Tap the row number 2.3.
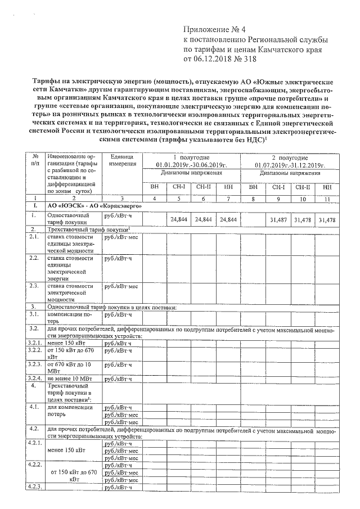pos(34,286)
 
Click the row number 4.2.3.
pos(35,485)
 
